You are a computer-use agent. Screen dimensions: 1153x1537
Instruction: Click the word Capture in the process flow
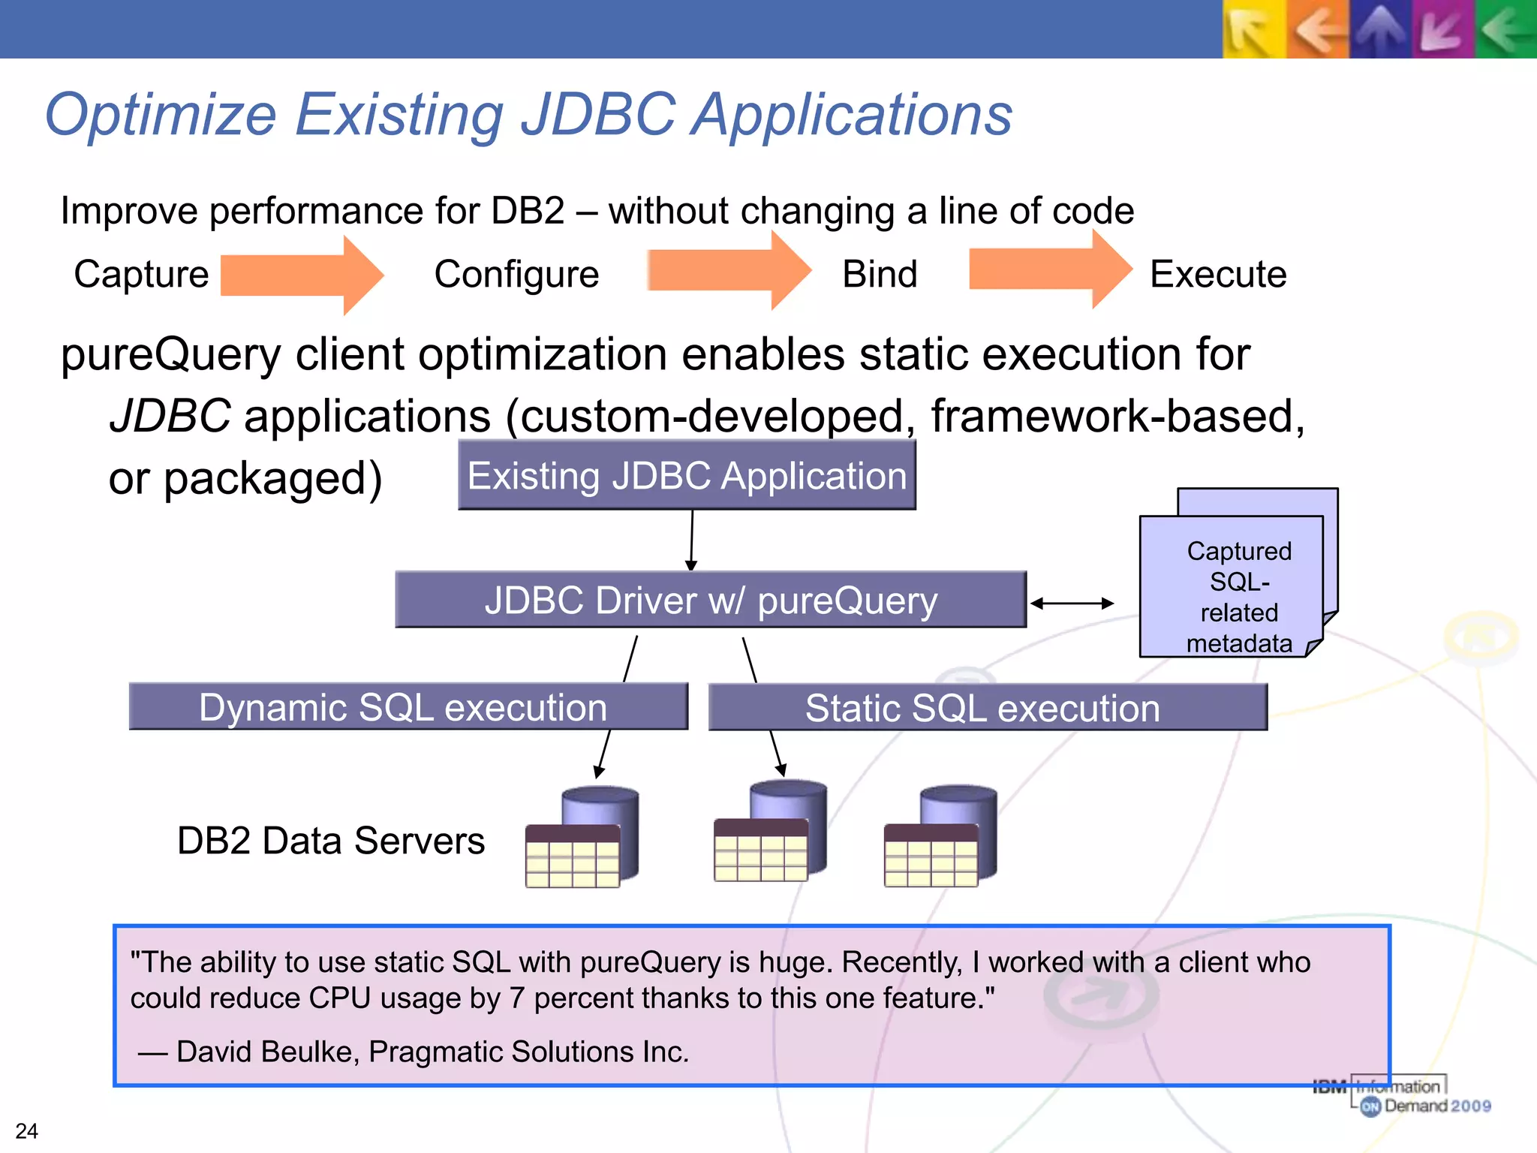pos(141,274)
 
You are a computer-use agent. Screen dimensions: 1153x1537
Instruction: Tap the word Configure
pos(516,274)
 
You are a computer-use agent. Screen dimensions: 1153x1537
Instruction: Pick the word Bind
pos(880,274)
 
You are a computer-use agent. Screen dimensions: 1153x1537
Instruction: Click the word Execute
pos(1218,274)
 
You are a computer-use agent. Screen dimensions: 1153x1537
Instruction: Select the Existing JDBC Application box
pos(687,476)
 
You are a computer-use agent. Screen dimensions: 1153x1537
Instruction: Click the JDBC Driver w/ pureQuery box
pos(710,601)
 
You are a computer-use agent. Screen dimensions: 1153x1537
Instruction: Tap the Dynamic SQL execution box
pos(408,707)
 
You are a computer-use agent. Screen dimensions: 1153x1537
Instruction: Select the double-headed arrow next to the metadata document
pos(1072,603)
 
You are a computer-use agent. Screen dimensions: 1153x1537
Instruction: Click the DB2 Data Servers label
pos(331,841)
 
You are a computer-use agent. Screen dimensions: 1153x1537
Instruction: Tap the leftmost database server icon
pos(582,838)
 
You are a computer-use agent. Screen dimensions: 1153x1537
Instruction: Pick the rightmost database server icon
pos(940,836)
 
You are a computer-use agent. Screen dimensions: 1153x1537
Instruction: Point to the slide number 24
pos(27,1130)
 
